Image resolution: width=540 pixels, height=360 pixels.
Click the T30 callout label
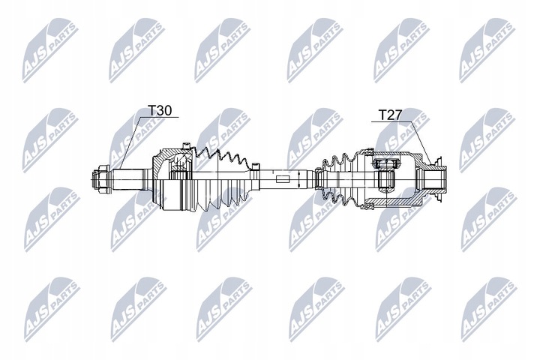(x=160, y=110)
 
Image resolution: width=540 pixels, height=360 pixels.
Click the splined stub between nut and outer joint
(x=132, y=180)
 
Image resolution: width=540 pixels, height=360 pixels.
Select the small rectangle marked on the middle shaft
(x=281, y=179)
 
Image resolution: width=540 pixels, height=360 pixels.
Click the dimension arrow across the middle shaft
(x=299, y=179)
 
